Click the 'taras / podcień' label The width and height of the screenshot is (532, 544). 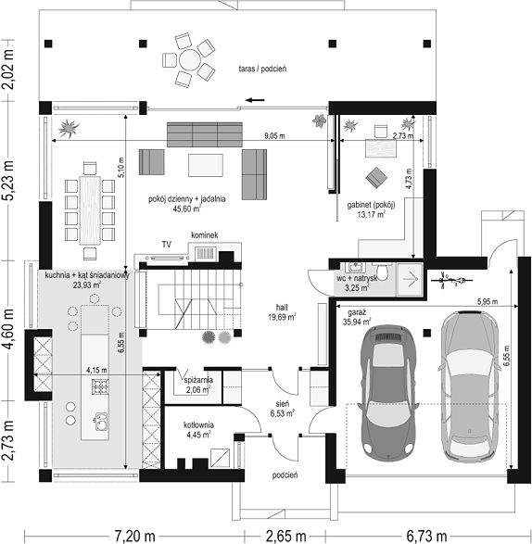pos(262,69)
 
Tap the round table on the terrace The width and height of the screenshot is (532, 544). pos(189,59)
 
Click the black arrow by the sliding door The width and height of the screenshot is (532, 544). pos(255,100)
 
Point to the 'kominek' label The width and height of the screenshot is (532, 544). pos(205,234)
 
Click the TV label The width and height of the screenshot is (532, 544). pos(167,245)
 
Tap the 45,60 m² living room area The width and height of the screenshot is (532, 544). pos(187,209)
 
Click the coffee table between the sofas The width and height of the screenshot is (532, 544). pos(206,166)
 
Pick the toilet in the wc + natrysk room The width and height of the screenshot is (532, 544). pos(382,272)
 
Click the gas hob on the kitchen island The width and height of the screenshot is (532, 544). pos(100,386)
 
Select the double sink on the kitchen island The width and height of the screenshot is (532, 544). pos(101,422)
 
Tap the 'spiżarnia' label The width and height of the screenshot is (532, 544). pos(199,380)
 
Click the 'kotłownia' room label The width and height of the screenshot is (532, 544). pos(198,425)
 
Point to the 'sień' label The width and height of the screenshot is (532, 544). pos(283,404)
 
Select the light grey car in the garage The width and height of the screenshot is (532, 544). pos(470,386)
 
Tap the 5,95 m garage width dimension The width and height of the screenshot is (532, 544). pos(488,302)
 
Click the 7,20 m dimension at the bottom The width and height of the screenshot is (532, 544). pos(134,536)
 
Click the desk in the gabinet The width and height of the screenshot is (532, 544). pos(381,148)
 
